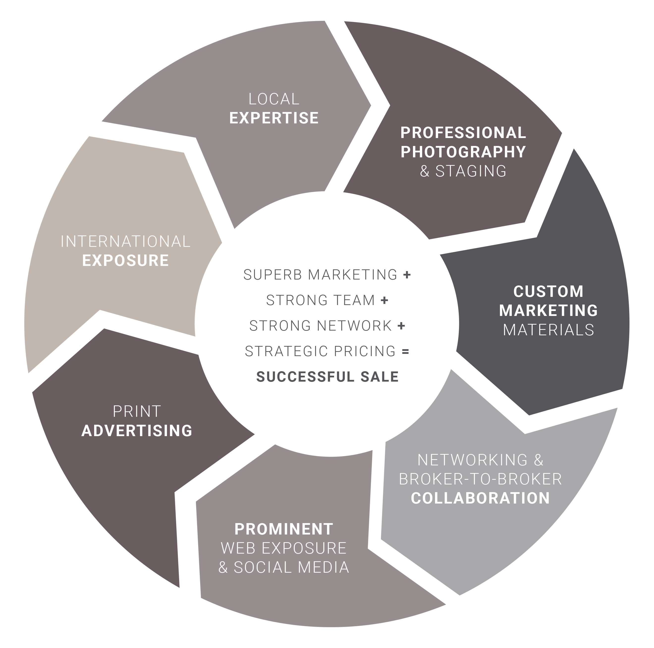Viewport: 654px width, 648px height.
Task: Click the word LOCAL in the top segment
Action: [x=274, y=99]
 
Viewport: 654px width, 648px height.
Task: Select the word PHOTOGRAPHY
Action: [x=463, y=152]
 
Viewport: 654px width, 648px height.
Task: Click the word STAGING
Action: [x=471, y=171]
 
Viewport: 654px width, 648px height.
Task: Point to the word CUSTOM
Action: [x=548, y=291]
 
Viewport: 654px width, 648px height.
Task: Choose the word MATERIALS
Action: [x=548, y=330]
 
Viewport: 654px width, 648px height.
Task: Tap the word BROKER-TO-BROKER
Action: [x=480, y=479]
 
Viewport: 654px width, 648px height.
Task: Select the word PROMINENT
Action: [x=284, y=529]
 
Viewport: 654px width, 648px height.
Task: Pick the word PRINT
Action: [x=136, y=411]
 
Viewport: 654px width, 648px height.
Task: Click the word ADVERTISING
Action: [x=137, y=431]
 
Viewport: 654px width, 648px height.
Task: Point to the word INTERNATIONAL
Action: [x=126, y=241]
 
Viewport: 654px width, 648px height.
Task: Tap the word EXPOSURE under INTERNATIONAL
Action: [x=126, y=261]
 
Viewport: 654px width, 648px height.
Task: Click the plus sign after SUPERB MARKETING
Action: [x=407, y=275]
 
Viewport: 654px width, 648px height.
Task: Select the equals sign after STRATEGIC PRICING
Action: [x=405, y=351]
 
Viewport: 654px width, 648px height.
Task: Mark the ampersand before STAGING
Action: [x=425, y=171]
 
